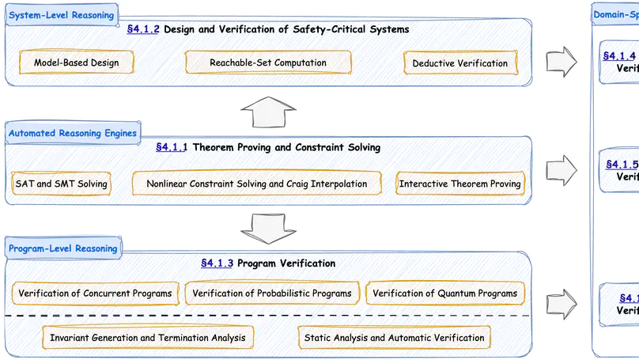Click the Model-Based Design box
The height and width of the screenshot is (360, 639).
(x=77, y=63)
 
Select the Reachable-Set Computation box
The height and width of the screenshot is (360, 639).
(x=268, y=63)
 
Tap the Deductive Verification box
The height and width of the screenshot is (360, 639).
(x=460, y=63)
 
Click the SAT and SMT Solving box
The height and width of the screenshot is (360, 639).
(x=62, y=184)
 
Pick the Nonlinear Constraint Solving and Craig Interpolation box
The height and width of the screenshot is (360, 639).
(x=257, y=184)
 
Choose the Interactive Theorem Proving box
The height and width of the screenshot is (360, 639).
(x=459, y=184)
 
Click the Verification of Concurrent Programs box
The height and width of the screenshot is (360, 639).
(x=95, y=294)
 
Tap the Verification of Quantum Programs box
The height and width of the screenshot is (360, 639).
(x=445, y=294)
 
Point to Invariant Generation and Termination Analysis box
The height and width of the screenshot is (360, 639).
(x=148, y=338)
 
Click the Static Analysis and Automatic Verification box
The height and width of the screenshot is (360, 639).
(x=394, y=338)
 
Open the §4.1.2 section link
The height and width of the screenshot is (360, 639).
(x=143, y=29)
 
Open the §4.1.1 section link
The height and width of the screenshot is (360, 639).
(x=172, y=147)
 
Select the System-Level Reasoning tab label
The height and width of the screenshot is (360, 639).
(x=61, y=15)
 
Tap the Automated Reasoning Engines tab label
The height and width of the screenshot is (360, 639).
(x=73, y=133)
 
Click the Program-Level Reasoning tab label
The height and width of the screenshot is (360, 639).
(x=63, y=248)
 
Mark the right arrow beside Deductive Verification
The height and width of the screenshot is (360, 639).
(x=561, y=62)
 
